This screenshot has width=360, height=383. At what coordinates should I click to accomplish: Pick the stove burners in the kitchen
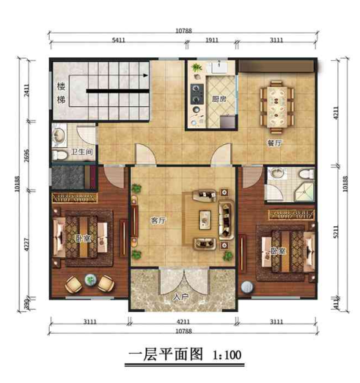coord(197,93)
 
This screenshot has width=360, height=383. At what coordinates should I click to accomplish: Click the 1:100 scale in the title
coord(226,356)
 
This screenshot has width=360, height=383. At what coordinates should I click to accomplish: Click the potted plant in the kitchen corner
coord(196,70)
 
